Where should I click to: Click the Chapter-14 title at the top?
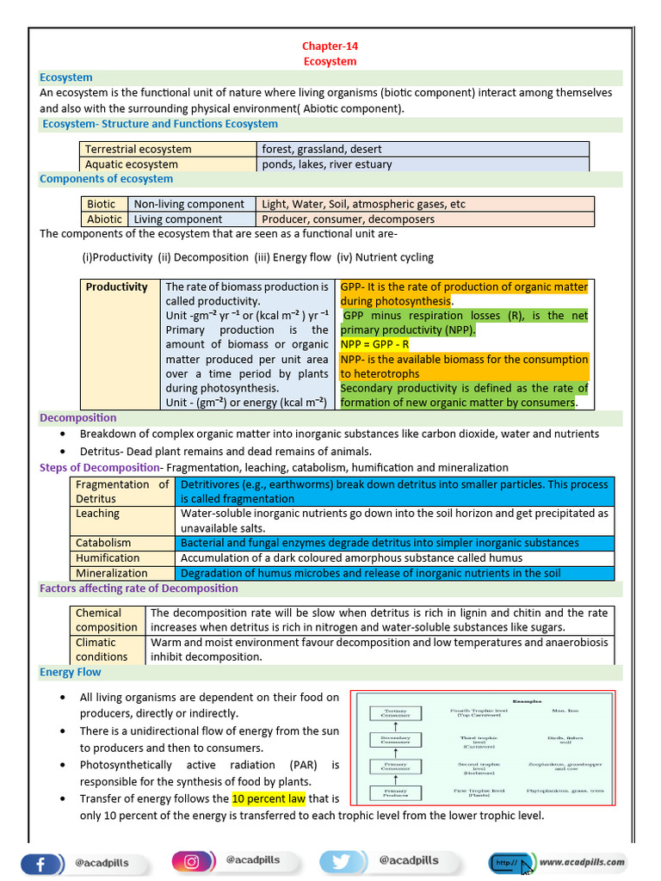[330, 46]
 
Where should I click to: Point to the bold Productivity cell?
[117, 287]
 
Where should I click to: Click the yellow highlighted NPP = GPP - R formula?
[375, 344]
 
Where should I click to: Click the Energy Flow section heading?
[71, 672]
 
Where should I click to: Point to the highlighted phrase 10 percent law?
[269, 798]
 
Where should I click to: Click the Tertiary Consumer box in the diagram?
[396, 713]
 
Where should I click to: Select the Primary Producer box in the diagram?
[396, 793]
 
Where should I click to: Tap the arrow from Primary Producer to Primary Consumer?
[396, 779]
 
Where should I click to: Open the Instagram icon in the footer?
[192, 861]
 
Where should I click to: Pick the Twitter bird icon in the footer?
[343, 861]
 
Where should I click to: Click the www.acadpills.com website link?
[583, 861]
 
